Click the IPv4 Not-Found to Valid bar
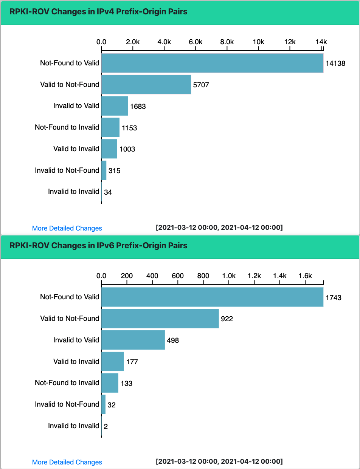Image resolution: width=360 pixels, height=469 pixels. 212,63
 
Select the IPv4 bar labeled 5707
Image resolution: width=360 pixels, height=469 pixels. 146,85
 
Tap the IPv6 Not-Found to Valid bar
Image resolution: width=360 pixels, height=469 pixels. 212,297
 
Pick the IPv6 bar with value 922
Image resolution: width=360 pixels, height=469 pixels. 160,319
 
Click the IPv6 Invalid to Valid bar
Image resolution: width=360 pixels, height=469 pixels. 133,340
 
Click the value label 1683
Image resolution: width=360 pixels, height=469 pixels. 138,107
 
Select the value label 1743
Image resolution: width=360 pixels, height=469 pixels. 333,298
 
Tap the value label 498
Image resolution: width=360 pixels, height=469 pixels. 172,341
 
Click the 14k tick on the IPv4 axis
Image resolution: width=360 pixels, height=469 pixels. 322,42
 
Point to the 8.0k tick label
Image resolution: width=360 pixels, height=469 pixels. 227,42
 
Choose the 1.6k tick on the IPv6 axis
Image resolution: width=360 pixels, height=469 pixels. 305,276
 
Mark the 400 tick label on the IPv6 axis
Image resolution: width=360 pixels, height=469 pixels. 152,276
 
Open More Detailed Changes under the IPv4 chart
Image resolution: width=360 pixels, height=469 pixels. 67,228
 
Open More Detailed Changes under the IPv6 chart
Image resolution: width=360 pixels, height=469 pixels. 67,462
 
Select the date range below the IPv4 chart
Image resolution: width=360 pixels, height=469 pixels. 219,228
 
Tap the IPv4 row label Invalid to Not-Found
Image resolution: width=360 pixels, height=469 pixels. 67,170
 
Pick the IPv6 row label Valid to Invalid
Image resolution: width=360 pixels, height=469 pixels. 76,362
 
